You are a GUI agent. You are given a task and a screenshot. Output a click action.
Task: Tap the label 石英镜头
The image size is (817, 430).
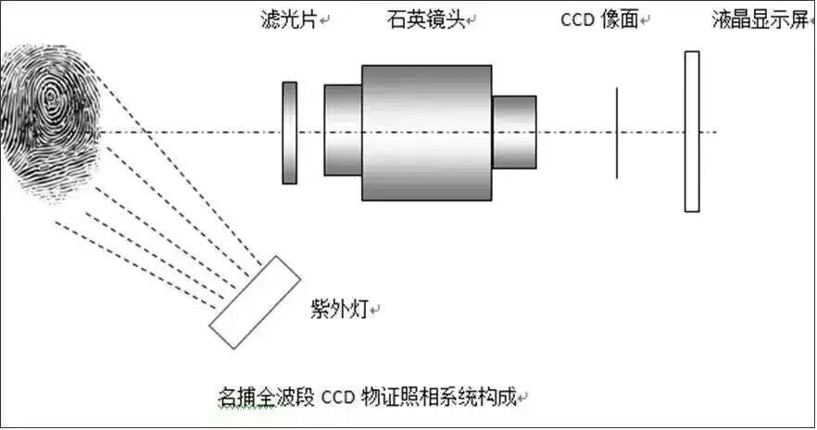[427, 19]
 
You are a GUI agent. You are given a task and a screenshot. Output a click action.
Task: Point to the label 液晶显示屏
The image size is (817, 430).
[760, 19]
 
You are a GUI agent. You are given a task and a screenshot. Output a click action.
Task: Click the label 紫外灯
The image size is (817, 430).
[340, 309]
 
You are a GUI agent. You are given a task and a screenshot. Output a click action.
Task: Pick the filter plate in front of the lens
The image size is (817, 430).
[290, 133]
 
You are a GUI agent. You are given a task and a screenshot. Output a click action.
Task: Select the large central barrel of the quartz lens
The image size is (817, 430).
[426, 133]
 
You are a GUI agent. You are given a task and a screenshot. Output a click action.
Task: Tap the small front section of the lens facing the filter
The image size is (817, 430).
[343, 131]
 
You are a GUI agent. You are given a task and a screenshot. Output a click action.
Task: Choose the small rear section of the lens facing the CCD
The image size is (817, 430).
[514, 132]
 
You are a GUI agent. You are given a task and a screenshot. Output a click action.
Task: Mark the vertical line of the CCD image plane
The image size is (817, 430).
[617, 133]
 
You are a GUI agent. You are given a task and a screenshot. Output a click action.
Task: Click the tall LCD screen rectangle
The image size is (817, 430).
[692, 132]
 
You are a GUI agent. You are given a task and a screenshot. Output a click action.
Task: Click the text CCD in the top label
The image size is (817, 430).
[576, 19]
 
